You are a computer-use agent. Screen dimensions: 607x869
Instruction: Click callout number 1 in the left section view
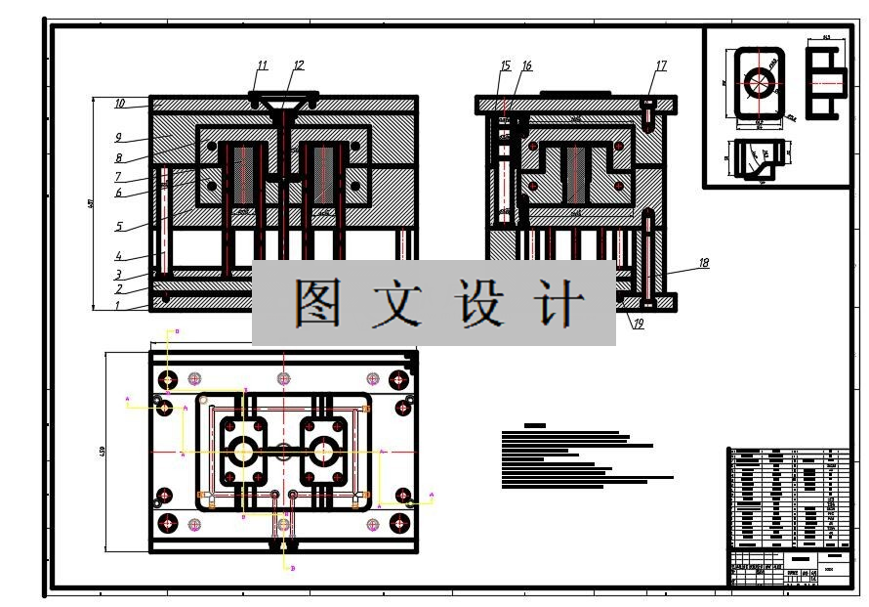pos(118,305)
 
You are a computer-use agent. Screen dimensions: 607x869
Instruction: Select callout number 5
pos(118,227)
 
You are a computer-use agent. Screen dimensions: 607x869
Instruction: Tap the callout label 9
pos(117,137)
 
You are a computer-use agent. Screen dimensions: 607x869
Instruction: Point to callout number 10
pos(120,103)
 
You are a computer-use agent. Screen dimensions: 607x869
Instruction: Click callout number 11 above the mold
pos(262,65)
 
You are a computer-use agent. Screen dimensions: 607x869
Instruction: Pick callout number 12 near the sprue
pos(298,65)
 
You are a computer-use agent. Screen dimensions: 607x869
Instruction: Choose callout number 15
pos(505,65)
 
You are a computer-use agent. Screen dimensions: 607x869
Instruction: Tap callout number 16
pos(526,65)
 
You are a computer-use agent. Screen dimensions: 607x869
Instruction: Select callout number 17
pos(661,65)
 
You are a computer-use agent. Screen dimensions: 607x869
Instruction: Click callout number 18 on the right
pos(703,262)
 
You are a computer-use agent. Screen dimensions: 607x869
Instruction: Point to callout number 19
pos(639,325)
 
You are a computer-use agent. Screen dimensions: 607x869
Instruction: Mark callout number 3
pos(118,275)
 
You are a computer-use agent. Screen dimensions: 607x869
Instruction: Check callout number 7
pos(117,177)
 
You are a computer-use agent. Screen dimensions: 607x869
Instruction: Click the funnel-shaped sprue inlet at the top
pos(284,102)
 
